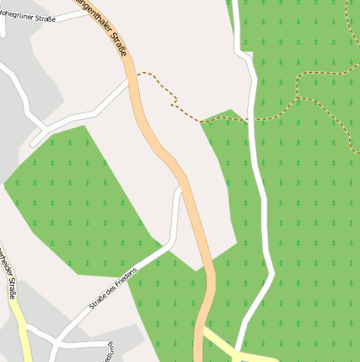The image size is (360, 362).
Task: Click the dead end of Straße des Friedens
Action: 178,190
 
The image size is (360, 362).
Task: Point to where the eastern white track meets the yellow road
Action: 241,353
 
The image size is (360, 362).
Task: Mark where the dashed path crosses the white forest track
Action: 252,118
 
